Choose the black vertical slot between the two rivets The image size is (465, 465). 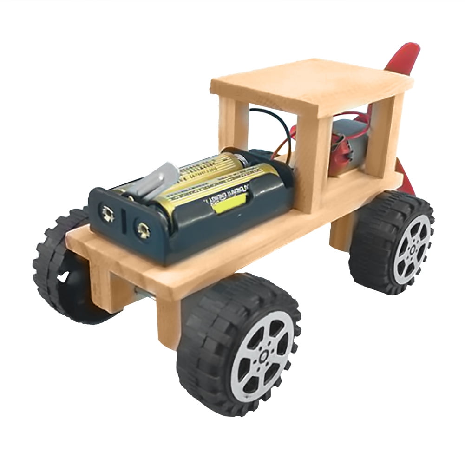point(124,220)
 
